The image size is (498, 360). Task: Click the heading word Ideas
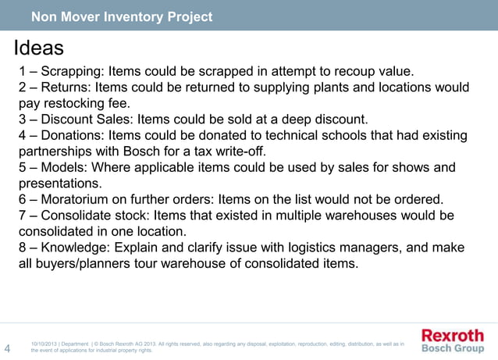(x=39, y=48)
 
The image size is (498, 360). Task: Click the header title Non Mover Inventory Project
(x=121, y=16)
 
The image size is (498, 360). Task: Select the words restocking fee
(x=102, y=104)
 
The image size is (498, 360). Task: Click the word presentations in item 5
(x=60, y=184)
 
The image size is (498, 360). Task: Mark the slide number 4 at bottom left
(x=8, y=348)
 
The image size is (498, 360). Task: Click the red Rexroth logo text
(x=453, y=335)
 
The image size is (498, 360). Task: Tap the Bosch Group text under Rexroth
(x=453, y=348)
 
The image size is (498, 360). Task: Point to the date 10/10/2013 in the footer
(x=43, y=344)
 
